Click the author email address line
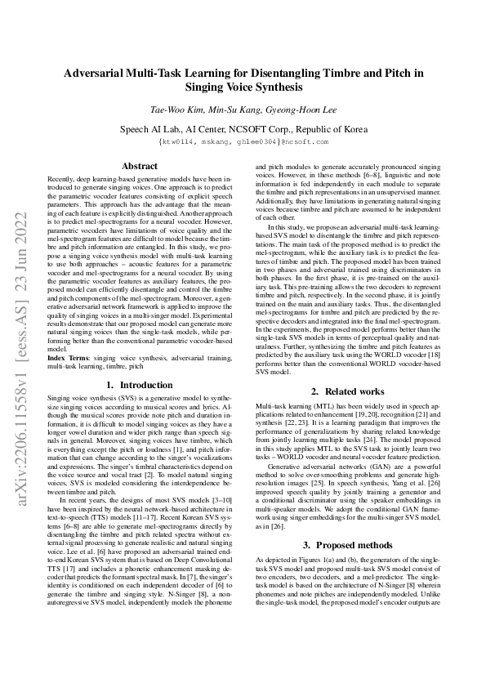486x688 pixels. point(243,141)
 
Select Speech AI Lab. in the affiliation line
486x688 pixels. point(150,128)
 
